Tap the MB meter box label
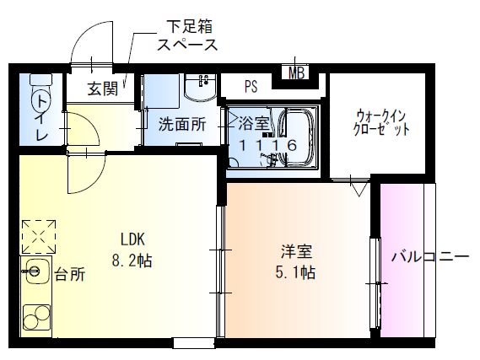click(x=297, y=73)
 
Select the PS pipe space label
click(x=251, y=86)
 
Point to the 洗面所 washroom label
click(x=182, y=124)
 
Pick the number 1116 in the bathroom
click(x=267, y=145)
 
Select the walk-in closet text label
click(x=382, y=122)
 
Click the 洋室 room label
click(x=297, y=250)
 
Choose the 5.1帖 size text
click(x=297, y=272)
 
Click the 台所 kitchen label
click(x=70, y=274)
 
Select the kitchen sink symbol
click(x=35, y=271)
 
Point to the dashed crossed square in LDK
click(x=37, y=236)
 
